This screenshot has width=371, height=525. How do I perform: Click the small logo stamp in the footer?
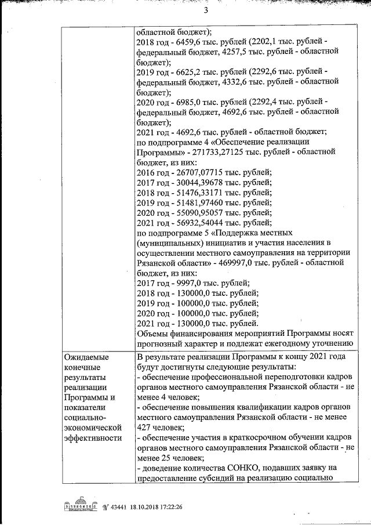click(79, 505)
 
